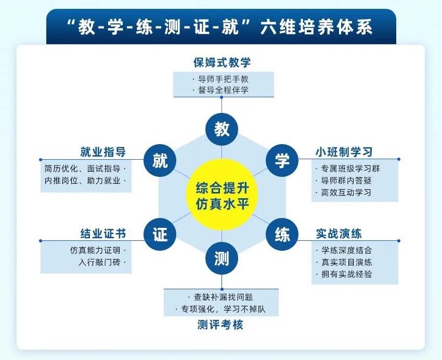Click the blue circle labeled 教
click(222, 129)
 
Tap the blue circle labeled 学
click(282, 160)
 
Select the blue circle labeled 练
click(282, 234)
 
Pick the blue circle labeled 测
click(222, 259)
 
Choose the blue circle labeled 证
click(160, 234)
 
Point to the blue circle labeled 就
click(160, 160)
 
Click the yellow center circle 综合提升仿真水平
click(222, 195)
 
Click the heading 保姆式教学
click(222, 62)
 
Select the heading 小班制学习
click(344, 152)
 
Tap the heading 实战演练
click(339, 234)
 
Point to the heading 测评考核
click(220, 325)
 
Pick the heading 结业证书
click(103, 234)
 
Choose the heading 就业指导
click(103, 152)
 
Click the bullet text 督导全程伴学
click(223, 90)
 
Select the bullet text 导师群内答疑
click(346, 181)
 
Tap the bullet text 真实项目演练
click(347, 262)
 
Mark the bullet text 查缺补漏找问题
click(223, 297)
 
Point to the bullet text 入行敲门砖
click(99, 262)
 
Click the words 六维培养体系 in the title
click(316, 27)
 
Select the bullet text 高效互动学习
click(346, 192)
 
